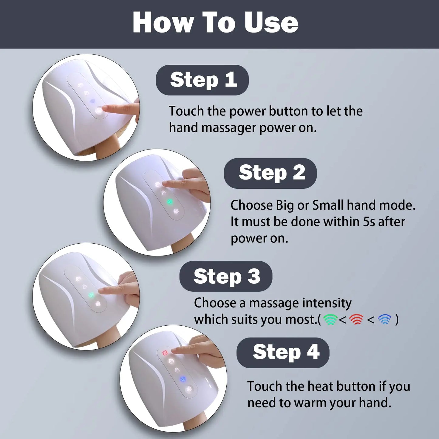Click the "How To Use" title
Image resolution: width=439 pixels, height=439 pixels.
pyautogui.click(x=215, y=22)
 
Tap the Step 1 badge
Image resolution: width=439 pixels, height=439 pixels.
pyautogui.click(x=202, y=80)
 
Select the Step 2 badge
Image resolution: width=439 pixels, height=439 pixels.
pyautogui.click(x=270, y=173)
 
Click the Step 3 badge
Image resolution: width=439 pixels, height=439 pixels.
pyautogui.click(x=226, y=276)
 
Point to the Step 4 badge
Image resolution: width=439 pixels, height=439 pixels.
pyautogui.click(x=283, y=352)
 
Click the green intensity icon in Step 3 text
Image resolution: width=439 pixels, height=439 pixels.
pyautogui.click(x=330, y=319)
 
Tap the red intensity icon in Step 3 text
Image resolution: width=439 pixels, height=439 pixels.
pyautogui.click(x=356, y=319)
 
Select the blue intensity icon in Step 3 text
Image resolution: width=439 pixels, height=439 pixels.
pyautogui.click(x=385, y=319)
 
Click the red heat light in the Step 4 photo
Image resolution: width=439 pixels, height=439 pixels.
pyautogui.click(x=165, y=353)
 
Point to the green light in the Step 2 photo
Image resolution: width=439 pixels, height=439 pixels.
pyautogui.click(x=170, y=202)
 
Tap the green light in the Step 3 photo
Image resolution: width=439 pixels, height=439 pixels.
pyautogui.click(x=91, y=295)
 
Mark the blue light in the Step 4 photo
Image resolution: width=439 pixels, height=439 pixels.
pyautogui.click(x=183, y=379)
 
